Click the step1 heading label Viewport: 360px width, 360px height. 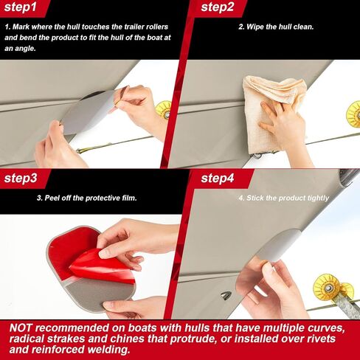(20, 7)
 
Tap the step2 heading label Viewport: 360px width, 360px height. (218, 7)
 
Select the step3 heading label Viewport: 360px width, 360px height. (21, 178)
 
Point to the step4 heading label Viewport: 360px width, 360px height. (218, 178)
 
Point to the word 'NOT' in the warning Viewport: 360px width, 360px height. (21, 328)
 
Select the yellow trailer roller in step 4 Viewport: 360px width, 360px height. (333, 288)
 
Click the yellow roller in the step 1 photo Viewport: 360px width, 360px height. (164, 109)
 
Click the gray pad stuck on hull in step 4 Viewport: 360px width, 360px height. (278, 246)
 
